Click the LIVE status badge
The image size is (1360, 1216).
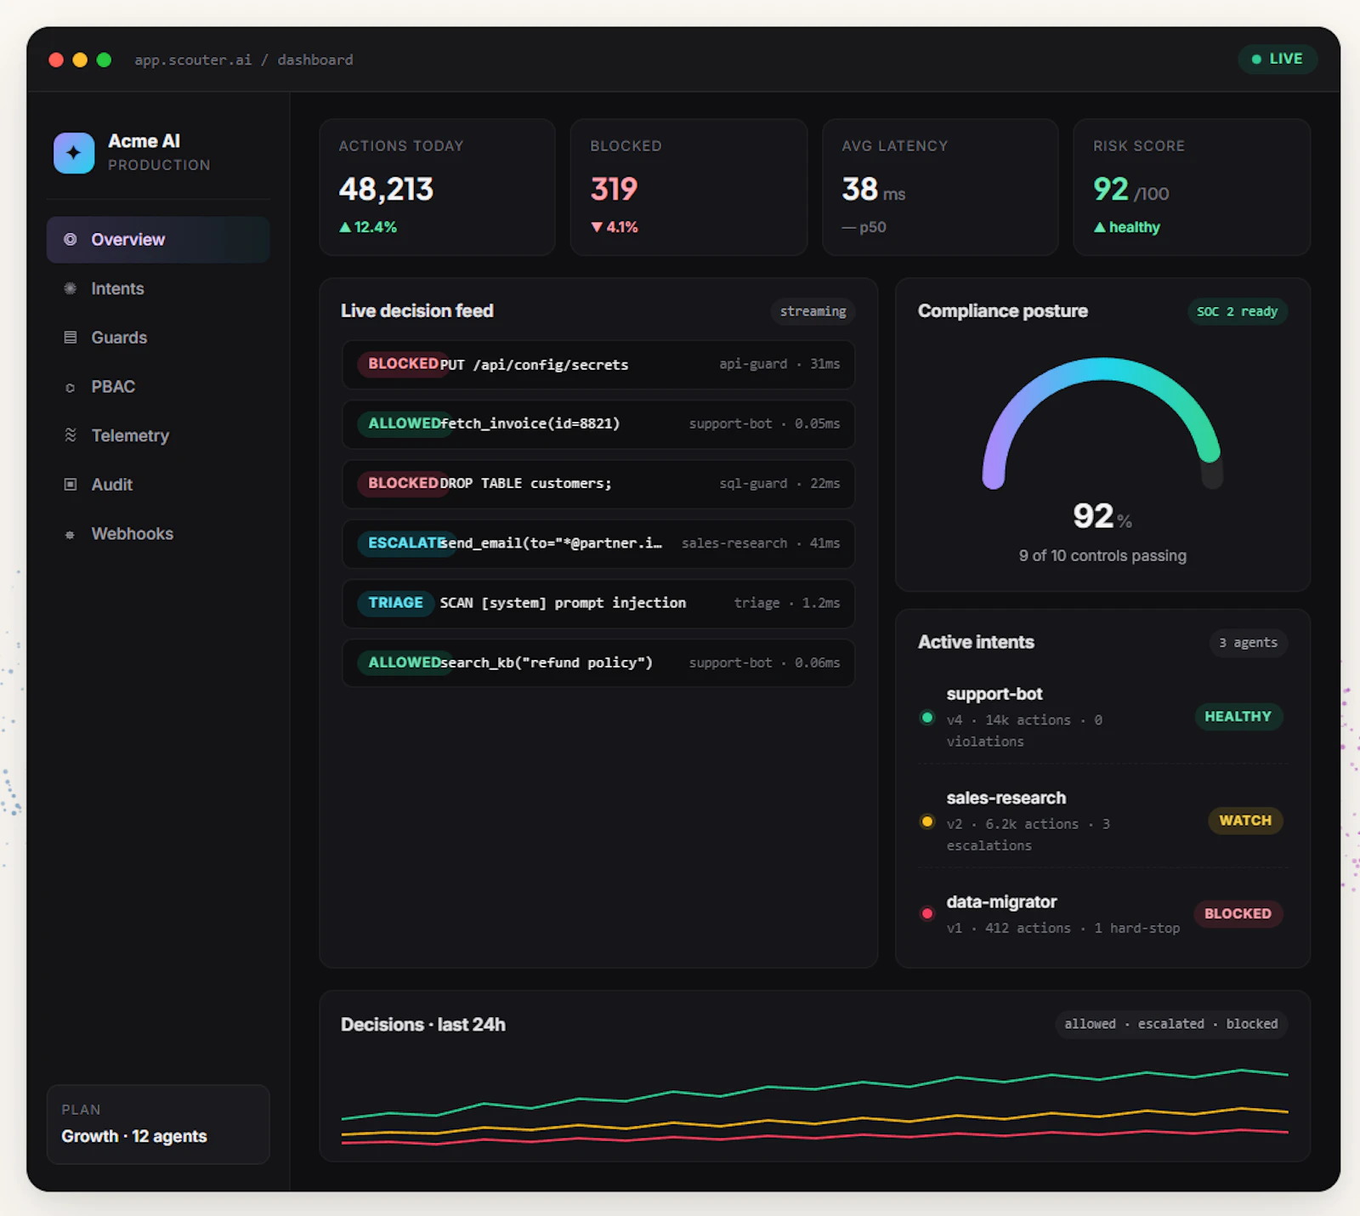tap(1277, 59)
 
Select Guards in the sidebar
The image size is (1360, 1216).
tap(119, 338)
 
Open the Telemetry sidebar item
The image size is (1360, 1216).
tap(130, 435)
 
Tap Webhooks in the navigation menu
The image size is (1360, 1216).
tap(132, 533)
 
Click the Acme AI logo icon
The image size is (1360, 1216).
tap(74, 153)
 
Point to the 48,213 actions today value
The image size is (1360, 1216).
tap(386, 189)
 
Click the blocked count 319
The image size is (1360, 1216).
tap(614, 189)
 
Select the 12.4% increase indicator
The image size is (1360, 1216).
tap(368, 227)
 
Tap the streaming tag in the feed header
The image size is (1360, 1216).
tap(813, 311)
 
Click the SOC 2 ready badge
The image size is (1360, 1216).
tap(1237, 311)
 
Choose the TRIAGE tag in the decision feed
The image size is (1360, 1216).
tap(395, 603)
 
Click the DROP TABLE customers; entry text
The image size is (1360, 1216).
tap(525, 483)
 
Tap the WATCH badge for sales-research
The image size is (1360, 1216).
tap(1245, 821)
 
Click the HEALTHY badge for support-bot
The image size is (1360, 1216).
tap(1238, 716)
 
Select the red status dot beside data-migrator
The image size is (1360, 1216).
tap(927, 913)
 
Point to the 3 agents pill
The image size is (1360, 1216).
tap(1248, 643)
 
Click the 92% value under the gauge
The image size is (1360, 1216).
tap(1102, 516)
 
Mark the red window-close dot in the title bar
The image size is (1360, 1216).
tap(56, 60)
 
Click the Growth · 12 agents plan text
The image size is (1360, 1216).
tap(134, 1136)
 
